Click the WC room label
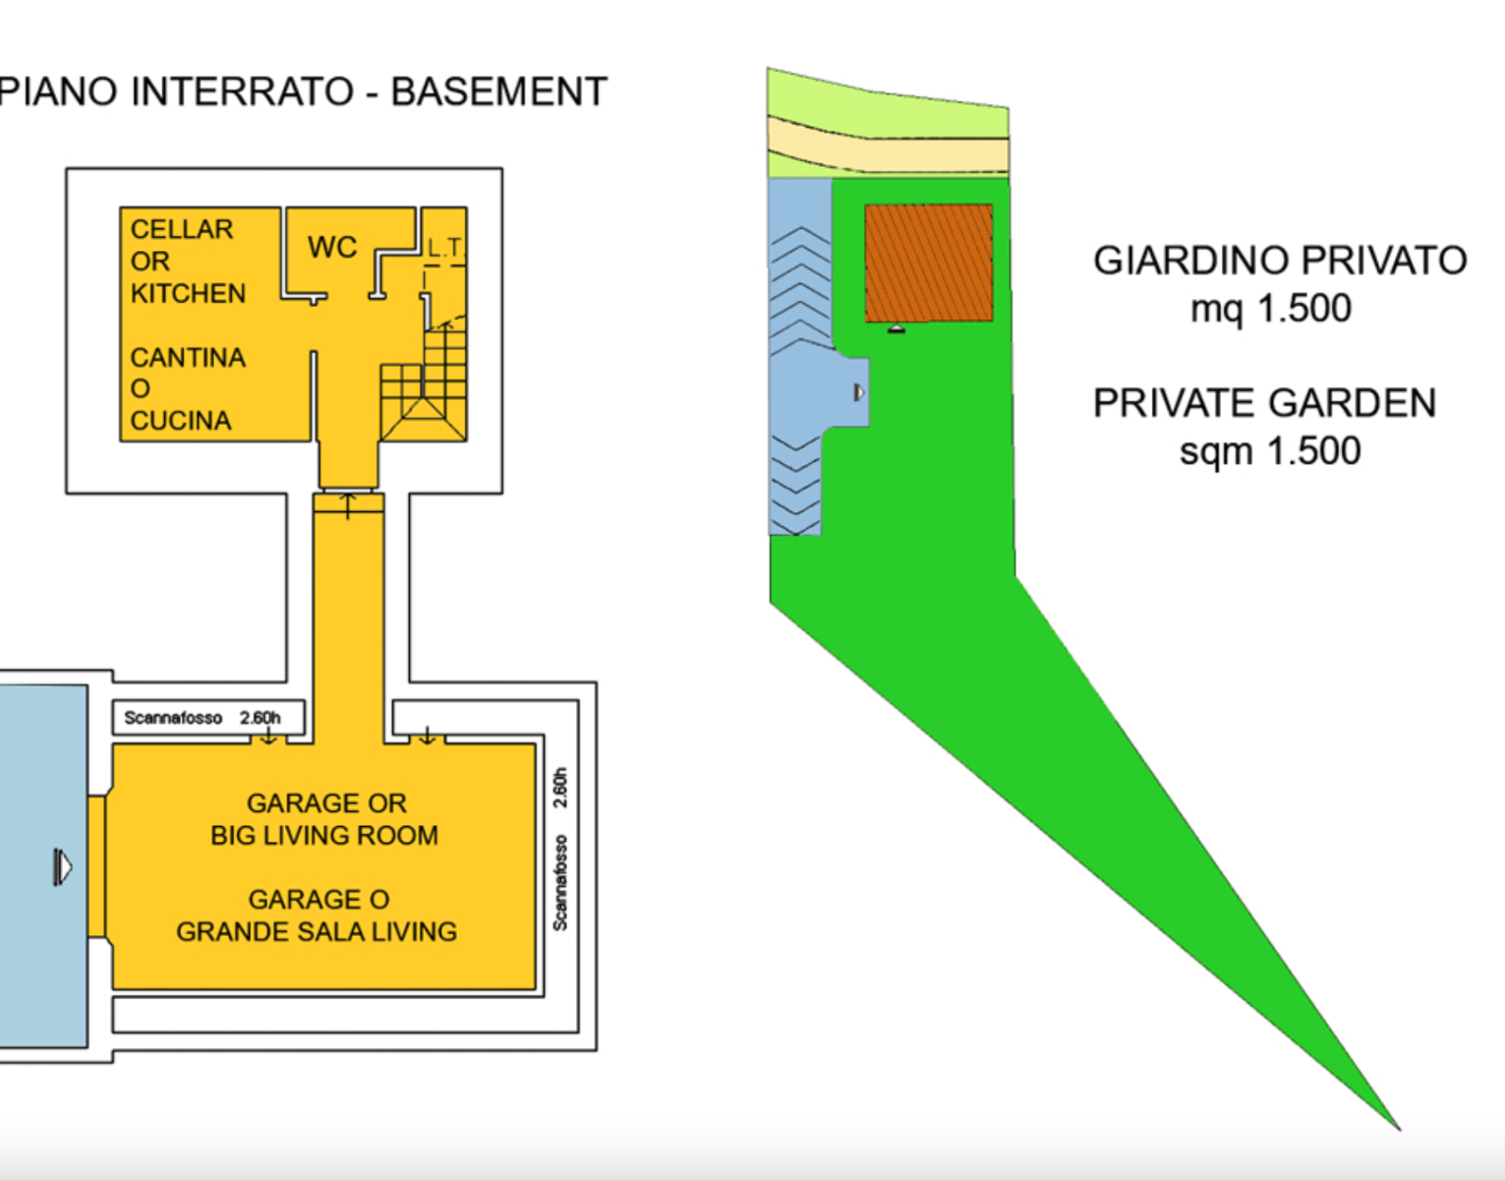(x=332, y=247)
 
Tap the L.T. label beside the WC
(x=446, y=247)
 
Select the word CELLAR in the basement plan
(x=182, y=229)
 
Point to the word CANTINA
(x=188, y=357)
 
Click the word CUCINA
(x=181, y=420)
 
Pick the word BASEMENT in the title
(x=499, y=91)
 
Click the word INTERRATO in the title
(x=242, y=91)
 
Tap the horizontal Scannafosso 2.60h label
(x=203, y=718)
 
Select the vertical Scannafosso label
(x=560, y=883)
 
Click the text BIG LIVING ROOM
(x=324, y=835)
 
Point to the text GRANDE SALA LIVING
(x=317, y=931)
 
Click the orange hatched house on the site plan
(x=929, y=263)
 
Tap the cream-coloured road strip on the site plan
(x=888, y=147)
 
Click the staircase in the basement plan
(x=424, y=384)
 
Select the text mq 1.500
(x=1271, y=309)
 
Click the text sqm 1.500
(x=1270, y=451)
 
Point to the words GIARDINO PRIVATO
(x=1280, y=261)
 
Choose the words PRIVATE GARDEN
(x=1265, y=403)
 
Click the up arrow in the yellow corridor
(x=348, y=505)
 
